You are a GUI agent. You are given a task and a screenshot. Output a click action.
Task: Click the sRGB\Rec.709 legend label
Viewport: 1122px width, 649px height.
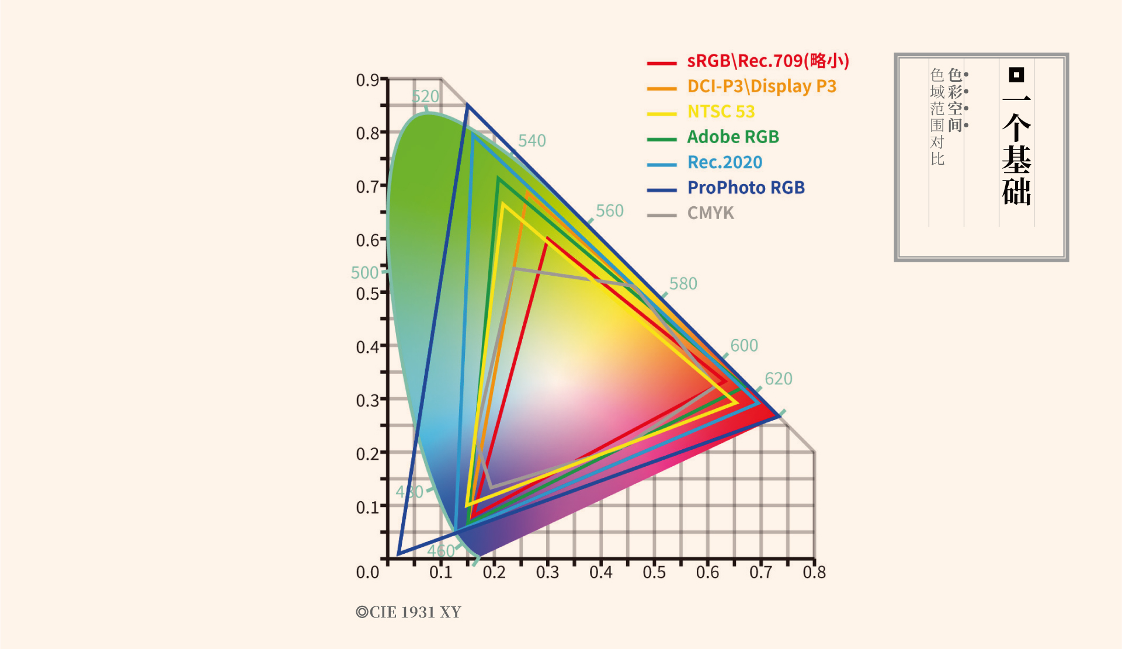[767, 61]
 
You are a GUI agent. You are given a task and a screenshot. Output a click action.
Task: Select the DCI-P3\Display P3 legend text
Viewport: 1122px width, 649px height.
[762, 86]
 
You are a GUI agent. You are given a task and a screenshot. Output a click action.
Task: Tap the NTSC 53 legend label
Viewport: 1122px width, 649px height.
[721, 112]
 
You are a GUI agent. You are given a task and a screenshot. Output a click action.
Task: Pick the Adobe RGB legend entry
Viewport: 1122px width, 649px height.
[733, 137]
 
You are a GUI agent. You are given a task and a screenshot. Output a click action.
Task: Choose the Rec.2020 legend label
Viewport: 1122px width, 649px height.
[725, 162]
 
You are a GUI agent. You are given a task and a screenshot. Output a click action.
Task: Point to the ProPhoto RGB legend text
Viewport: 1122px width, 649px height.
[746, 188]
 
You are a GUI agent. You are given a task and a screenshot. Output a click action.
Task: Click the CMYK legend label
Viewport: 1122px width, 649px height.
[710, 213]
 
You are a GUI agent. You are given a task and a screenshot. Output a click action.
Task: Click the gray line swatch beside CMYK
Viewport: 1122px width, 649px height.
[662, 216]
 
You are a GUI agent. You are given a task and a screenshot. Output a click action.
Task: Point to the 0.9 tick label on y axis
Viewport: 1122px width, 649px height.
[367, 80]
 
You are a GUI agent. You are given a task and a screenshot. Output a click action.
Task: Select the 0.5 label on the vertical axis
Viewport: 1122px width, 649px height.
[367, 293]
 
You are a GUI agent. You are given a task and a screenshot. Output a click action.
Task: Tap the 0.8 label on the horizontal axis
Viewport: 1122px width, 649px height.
[814, 572]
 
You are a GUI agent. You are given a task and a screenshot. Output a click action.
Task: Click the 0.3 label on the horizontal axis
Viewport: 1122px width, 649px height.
[547, 572]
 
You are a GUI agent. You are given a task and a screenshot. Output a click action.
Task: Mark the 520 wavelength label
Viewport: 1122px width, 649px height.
[425, 96]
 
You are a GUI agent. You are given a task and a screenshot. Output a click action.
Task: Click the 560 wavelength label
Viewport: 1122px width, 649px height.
[610, 211]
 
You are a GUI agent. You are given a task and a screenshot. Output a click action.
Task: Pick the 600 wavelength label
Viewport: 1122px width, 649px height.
[744, 346]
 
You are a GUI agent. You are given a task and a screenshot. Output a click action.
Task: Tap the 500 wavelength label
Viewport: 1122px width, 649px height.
[364, 273]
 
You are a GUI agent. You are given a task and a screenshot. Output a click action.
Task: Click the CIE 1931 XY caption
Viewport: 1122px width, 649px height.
[409, 612]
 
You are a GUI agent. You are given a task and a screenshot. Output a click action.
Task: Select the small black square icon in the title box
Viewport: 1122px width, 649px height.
[1016, 75]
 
